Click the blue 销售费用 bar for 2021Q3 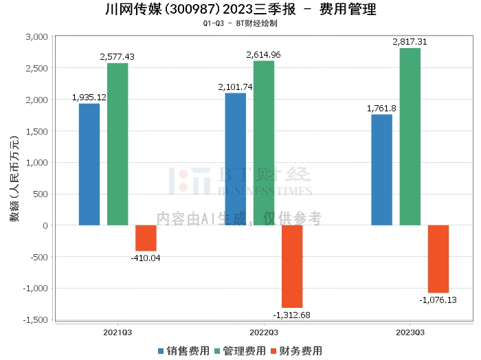pos(89,164)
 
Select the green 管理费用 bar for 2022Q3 pos(264,143)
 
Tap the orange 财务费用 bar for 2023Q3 pos(438,259)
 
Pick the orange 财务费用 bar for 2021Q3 pos(146,238)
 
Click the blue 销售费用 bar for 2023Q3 pos(381,170)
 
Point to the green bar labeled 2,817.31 pos(410,137)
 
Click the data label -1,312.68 pos(291,315)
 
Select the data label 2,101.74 pos(235,87)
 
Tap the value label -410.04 pos(146,258)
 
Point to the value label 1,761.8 pos(381,109)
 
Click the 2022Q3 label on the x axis pos(264,333)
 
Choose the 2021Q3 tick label pos(118,333)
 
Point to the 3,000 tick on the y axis pos(37,37)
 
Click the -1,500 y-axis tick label pos(36,320)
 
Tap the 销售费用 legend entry pos(183,351)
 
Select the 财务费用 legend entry pos(296,351)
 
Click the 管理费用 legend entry pos(240,351)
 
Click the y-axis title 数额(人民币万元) pos(14,179)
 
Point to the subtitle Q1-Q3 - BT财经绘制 pos(240,23)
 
